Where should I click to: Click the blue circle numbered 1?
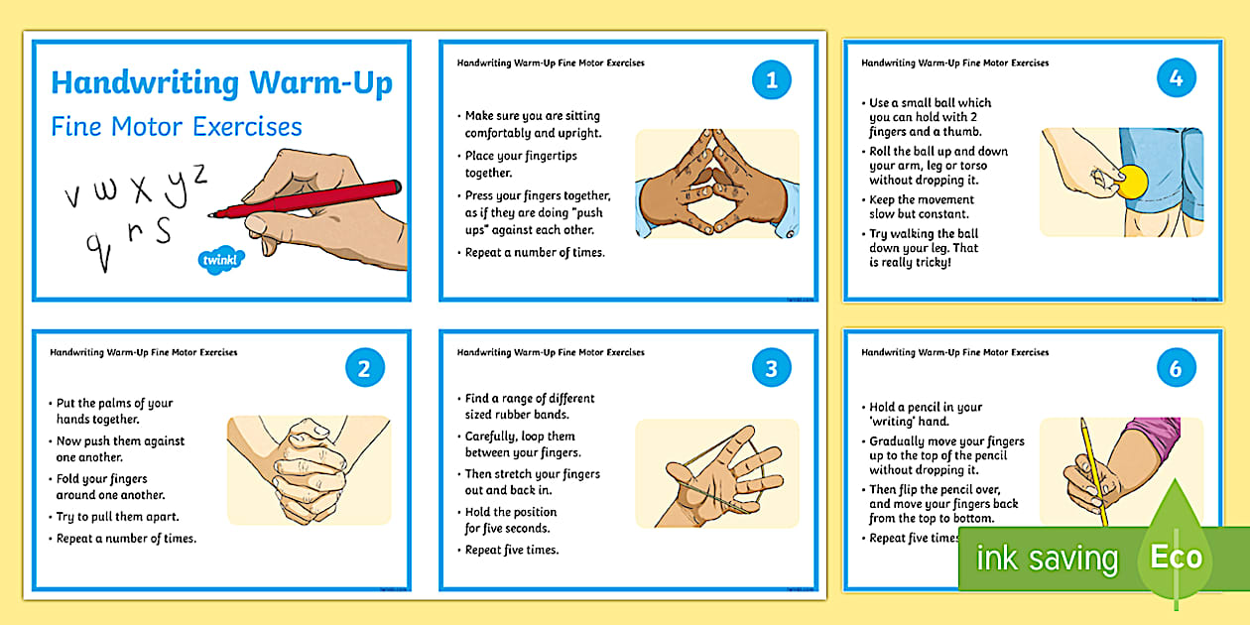click(x=772, y=80)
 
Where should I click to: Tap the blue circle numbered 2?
click(x=364, y=369)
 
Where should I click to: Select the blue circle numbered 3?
click(x=772, y=369)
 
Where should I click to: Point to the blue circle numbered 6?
click(x=1176, y=369)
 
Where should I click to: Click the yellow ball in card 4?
click(x=1132, y=181)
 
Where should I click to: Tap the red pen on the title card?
click(x=308, y=199)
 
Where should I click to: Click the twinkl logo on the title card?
click(x=217, y=261)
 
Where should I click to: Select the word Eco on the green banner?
click(x=1176, y=557)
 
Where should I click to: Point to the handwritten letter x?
click(x=142, y=187)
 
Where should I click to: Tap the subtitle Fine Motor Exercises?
click(x=177, y=127)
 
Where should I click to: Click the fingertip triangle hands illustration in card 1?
click(x=716, y=184)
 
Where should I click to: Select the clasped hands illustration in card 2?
click(x=309, y=469)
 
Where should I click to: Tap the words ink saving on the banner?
click(x=1046, y=559)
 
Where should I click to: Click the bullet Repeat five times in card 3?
click(x=512, y=550)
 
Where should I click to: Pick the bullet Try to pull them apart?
click(x=118, y=517)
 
